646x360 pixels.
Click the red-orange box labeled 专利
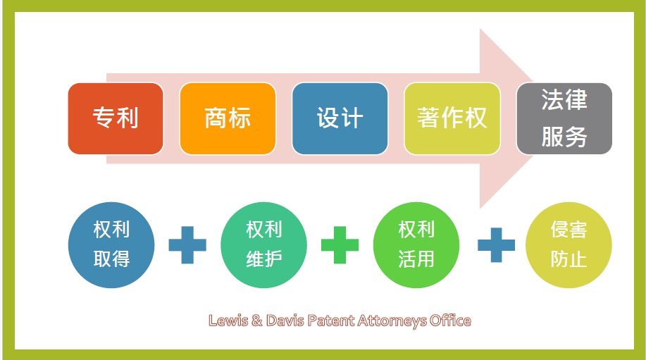[x=116, y=118]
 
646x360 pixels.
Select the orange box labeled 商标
[x=228, y=118]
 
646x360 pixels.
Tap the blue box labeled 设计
[x=340, y=118]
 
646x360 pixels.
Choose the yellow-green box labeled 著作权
[x=452, y=118]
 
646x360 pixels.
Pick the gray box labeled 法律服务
[x=564, y=118]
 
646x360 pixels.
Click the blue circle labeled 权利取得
[x=111, y=245]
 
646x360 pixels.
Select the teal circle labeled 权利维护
[x=263, y=245]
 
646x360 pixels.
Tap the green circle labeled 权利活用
[x=416, y=245]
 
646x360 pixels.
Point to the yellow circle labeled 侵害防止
[x=569, y=245]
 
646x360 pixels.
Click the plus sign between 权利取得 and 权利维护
[x=187, y=245]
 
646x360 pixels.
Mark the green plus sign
[x=340, y=245]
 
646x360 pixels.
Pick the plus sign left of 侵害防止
[x=496, y=245]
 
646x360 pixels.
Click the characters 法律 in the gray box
[x=564, y=99]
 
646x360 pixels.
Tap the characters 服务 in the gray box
[x=564, y=137]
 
